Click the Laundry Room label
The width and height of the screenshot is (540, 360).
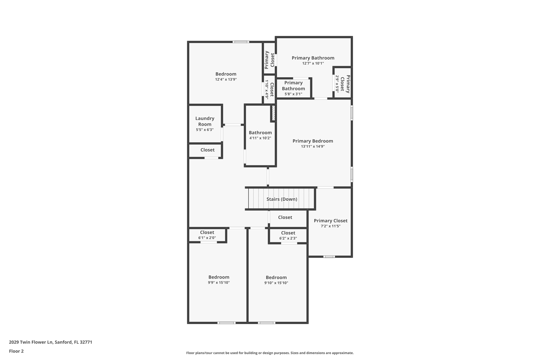(205, 121)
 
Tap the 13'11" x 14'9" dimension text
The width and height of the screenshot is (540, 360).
(313, 146)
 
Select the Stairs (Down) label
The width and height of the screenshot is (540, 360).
(282, 199)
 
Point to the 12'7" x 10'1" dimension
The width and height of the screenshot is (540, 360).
(313, 63)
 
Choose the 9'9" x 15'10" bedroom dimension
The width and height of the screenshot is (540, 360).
(219, 283)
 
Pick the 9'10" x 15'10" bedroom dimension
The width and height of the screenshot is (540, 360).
(276, 283)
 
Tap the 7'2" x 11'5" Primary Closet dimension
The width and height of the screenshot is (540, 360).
(330, 226)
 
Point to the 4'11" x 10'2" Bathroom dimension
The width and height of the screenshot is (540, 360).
(260, 138)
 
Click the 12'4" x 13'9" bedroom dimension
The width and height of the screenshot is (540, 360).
(226, 79)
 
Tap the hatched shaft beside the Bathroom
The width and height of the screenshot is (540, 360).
(273, 113)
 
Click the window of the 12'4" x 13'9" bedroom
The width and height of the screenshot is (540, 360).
(241, 42)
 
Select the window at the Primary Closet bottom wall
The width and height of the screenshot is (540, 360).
(329, 257)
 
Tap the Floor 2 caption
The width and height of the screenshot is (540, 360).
(16, 351)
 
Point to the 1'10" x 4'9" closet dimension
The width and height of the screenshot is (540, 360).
(267, 89)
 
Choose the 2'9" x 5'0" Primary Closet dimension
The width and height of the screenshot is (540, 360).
(337, 84)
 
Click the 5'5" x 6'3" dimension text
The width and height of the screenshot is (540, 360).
(205, 130)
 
